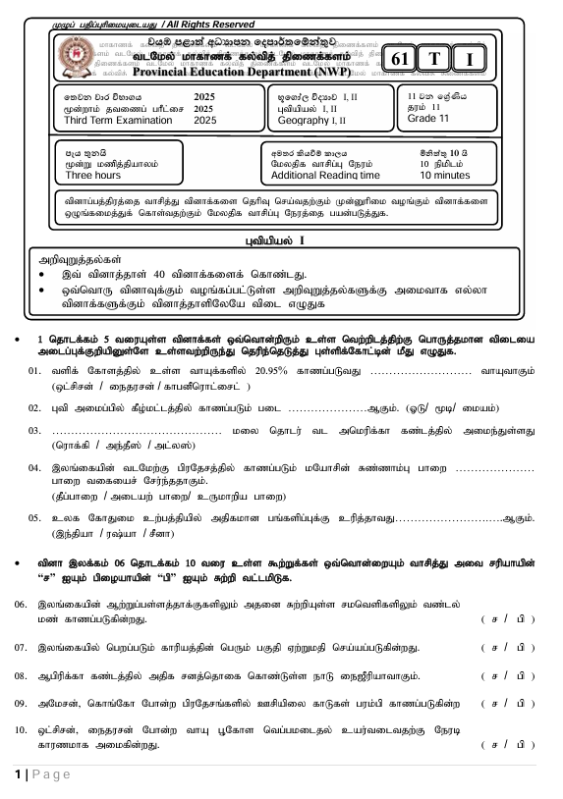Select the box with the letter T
pyautogui.click(x=434, y=59)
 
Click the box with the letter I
pyautogui.click(x=471, y=60)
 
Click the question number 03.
pyautogui.click(x=34, y=431)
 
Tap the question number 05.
pyautogui.click(x=34, y=517)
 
